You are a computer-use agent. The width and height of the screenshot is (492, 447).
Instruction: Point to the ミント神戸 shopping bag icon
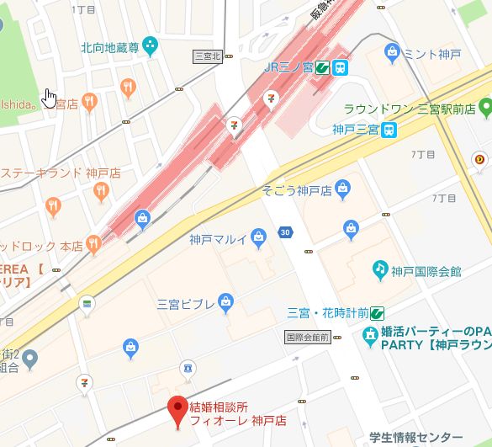pos(392,54)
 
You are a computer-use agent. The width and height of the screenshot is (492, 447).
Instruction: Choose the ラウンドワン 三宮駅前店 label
pos(410,108)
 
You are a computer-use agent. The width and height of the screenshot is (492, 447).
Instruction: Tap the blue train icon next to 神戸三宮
pos(389,130)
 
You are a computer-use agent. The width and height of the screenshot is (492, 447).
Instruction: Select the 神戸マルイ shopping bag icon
pos(259,239)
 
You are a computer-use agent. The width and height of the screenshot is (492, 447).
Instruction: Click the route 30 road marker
pos(286,232)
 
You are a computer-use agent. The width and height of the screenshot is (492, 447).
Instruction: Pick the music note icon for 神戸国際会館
pos(380,270)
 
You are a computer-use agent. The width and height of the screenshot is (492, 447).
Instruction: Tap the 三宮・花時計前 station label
pos(327,311)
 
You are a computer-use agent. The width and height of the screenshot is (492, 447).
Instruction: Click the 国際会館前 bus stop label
pos(306,337)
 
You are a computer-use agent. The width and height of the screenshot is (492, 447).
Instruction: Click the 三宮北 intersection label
pos(206,56)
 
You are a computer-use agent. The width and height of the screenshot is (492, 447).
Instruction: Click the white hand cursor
pos(50,98)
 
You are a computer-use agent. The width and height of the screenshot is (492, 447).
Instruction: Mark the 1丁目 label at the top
pos(84,9)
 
